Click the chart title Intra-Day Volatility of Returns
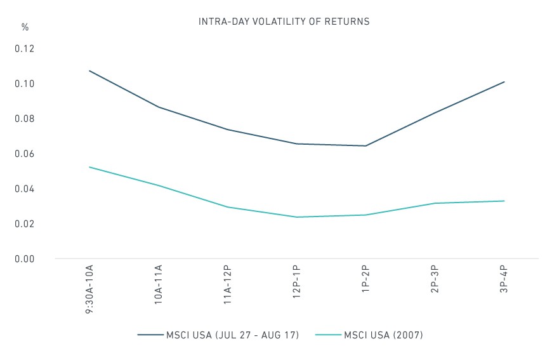[284, 22]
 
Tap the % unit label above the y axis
[25, 27]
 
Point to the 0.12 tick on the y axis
[25, 49]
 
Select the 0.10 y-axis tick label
[25, 84]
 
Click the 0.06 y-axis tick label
[25, 154]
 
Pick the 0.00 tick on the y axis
[25, 259]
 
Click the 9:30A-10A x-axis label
[89, 289]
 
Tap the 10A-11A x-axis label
[159, 284]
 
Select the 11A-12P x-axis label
[227, 284]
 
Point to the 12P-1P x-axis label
[296, 282]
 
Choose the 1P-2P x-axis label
[365, 279]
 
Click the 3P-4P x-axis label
[504, 279]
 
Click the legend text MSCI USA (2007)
[383, 335]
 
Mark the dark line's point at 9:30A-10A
[89, 71]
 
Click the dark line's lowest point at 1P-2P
[365, 146]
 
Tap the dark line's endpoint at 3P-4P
[504, 82]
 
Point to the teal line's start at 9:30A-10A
[89, 167]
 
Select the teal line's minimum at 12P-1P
[297, 217]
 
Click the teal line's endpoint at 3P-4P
[504, 201]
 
